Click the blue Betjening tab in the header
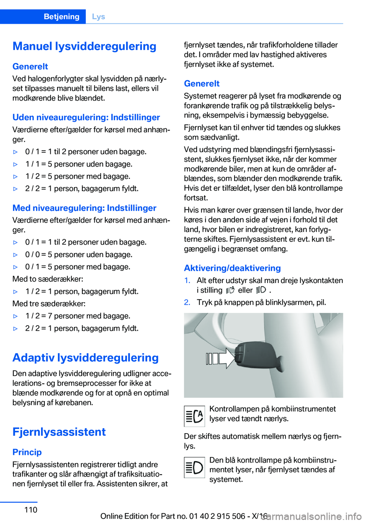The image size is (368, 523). (x=61, y=17)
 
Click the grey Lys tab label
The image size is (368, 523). (x=99, y=17)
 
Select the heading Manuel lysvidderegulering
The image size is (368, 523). (x=84, y=46)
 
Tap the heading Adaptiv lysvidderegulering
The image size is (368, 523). (x=85, y=357)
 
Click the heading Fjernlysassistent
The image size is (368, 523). (x=59, y=432)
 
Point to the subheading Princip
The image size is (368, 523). (x=27, y=452)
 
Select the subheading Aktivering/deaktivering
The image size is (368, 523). (x=232, y=268)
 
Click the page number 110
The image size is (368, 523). (x=31, y=510)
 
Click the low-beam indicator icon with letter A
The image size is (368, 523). (x=194, y=416)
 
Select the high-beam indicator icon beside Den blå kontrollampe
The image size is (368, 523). (x=194, y=467)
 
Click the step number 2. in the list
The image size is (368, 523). (x=187, y=302)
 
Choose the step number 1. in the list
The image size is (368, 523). (x=187, y=280)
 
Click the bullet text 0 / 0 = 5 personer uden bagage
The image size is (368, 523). (x=79, y=255)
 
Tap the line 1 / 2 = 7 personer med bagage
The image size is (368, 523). (x=78, y=316)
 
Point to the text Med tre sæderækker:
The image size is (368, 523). (x=49, y=304)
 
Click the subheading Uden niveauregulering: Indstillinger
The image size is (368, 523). (x=86, y=117)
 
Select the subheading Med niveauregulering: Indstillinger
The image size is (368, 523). (x=84, y=208)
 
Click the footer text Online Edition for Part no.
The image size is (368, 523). (x=172, y=516)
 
